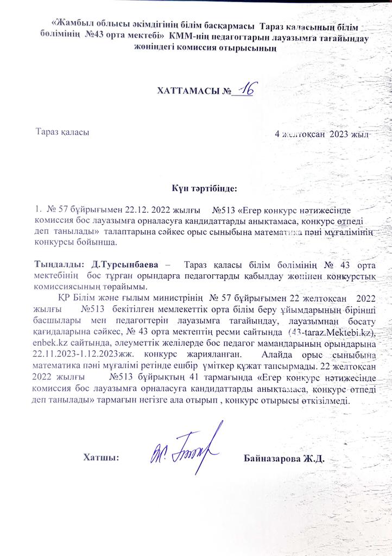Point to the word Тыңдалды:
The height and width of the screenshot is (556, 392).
tap(59, 264)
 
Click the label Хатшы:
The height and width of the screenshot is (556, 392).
tap(101, 458)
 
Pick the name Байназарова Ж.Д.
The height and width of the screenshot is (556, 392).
tap(284, 458)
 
